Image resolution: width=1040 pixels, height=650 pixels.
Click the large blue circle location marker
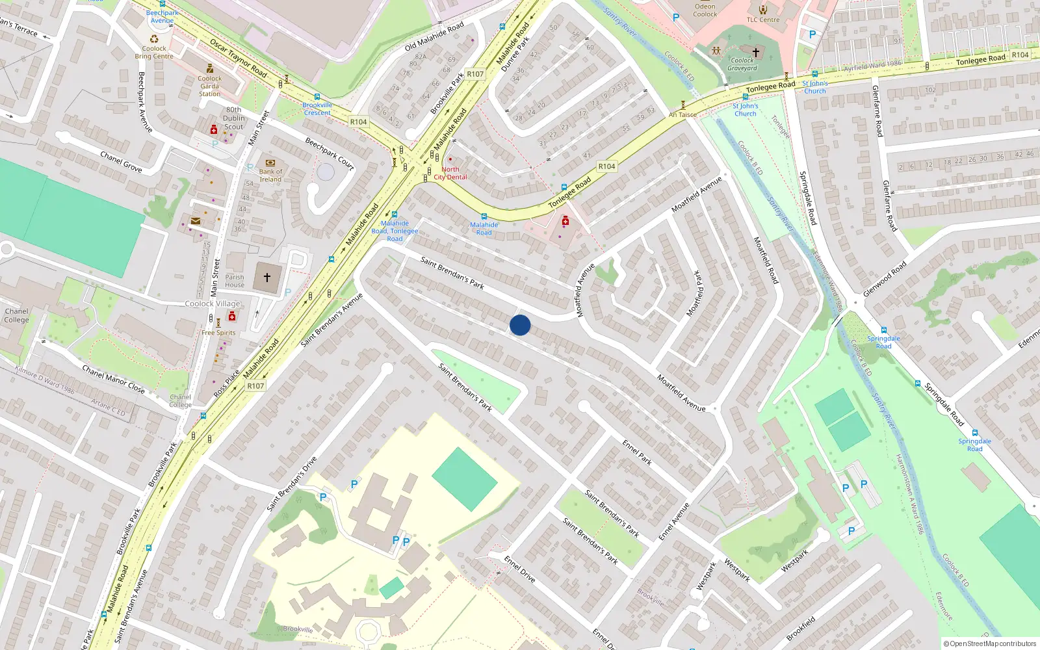coord(520,325)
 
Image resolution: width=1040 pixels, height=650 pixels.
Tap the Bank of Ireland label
coord(270,175)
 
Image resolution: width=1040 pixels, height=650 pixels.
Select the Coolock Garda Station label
coord(209,86)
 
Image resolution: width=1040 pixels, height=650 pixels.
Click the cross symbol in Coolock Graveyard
coord(755,52)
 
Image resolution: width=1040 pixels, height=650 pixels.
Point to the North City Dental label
coord(450,173)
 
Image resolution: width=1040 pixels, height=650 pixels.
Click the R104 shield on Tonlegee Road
coord(606,166)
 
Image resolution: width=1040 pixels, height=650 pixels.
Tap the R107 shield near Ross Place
coord(255,386)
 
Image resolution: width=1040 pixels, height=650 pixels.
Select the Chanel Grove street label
coord(121,161)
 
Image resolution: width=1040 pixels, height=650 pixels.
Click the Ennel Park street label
coord(637,452)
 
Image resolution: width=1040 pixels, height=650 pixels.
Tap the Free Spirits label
coord(218,333)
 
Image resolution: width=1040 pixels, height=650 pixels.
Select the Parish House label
coord(235,281)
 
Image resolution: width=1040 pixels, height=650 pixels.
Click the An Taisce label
coord(682,115)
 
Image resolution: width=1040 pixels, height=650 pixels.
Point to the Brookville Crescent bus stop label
coord(317,109)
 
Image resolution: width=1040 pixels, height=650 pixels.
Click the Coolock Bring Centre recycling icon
coord(154,38)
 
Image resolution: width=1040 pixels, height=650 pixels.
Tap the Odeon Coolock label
coord(705,10)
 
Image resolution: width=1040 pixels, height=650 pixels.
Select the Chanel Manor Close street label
coord(113,379)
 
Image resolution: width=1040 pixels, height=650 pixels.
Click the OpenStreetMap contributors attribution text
coord(990,643)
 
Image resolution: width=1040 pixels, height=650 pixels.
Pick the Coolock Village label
coord(213,304)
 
